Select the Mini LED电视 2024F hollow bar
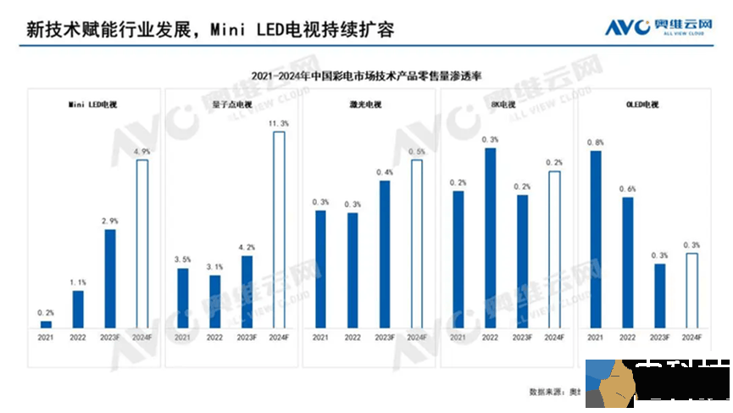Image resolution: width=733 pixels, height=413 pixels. pos(142,243)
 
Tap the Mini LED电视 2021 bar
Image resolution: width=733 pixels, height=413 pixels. pos(46,324)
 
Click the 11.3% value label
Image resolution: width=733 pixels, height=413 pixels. pos(278,124)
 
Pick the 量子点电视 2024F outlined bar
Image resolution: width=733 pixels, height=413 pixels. pos(279,229)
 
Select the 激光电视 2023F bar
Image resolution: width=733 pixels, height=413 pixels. pos(386,254)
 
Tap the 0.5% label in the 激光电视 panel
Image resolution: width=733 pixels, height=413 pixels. pos(416,152)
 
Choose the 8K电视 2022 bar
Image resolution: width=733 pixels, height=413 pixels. pos(490,237)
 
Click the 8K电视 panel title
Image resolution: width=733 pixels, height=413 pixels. pos(505,104)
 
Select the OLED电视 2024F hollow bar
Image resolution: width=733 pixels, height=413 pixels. pos(691,290)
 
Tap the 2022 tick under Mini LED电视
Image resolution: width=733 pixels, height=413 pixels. pos(78,338)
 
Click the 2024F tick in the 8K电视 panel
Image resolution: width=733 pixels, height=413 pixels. pos(554,338)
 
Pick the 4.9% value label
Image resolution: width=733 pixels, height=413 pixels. pos(142,151)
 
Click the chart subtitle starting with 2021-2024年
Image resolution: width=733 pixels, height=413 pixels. pos(366,75)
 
